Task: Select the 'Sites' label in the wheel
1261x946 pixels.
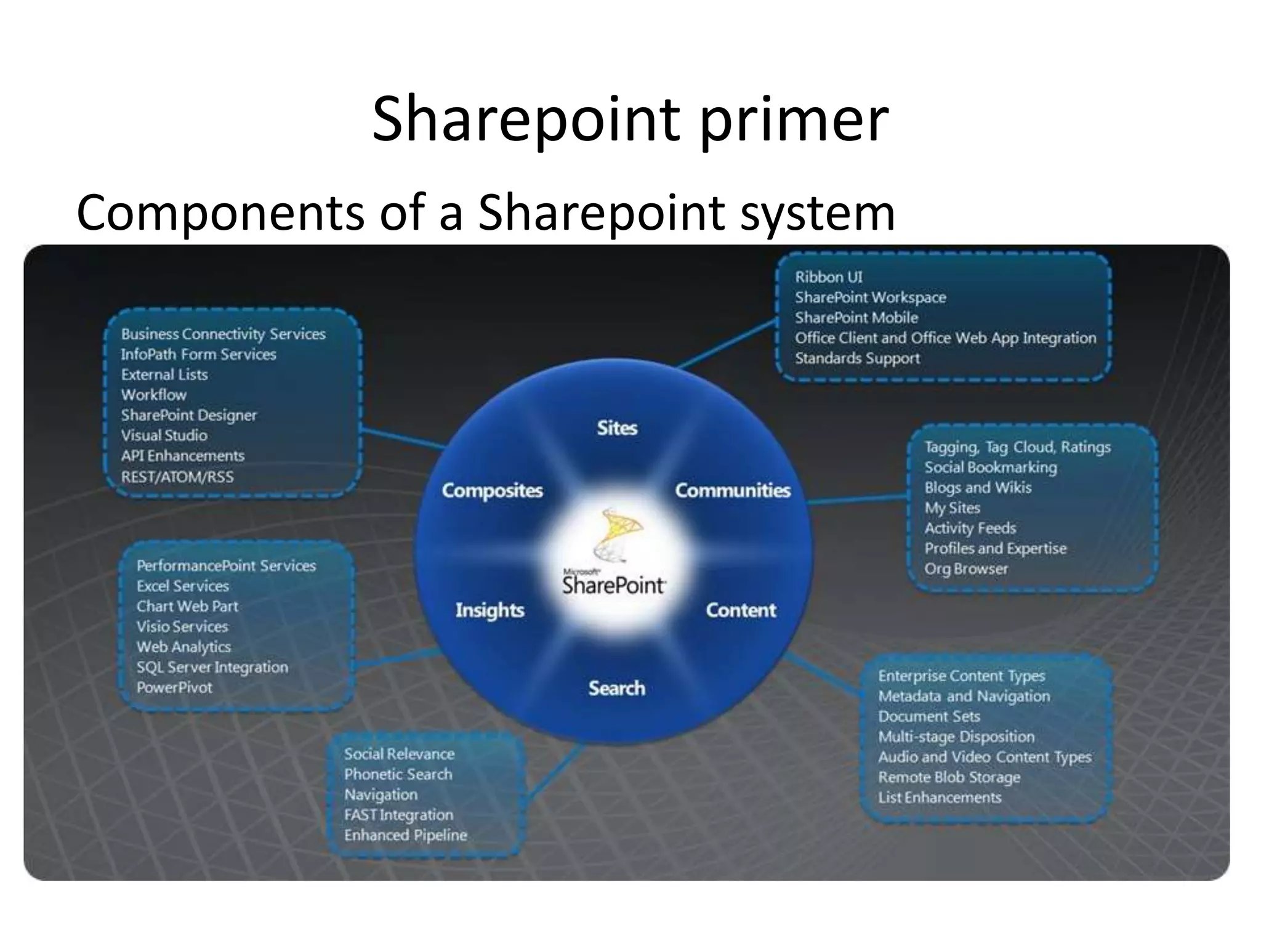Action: click(617, 428)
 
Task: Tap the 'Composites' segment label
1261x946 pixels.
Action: click(493, 490)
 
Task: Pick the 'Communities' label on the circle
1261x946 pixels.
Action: click(733, 490)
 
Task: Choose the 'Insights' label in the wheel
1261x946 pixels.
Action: click(490, 610)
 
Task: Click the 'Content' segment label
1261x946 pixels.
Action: click(741, 610)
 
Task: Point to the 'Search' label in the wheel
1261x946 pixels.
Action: click(616, 688)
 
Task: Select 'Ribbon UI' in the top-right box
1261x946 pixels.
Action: click(828, 277)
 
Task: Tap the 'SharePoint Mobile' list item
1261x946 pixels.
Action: click(856, 318)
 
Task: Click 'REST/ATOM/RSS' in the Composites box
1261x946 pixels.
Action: click(177, 477)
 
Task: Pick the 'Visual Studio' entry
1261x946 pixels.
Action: click(164, 435)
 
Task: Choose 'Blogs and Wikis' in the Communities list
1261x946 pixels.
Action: click(978, 488)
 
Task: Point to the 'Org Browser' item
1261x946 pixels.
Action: click(965, 569)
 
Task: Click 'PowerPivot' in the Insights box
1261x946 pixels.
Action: click(174, 687)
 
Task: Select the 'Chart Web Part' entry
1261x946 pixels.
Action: click(187, 606)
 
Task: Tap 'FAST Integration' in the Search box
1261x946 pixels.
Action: click(398, 815)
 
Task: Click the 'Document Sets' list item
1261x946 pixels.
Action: click(929, 716)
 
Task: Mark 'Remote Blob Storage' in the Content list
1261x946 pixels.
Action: click(949, 777)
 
